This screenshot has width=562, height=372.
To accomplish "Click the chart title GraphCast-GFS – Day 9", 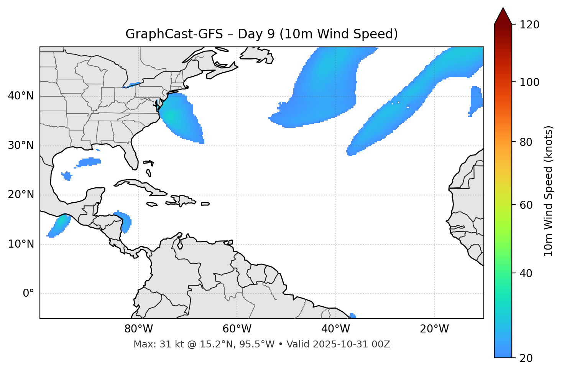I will [x=261, y=34].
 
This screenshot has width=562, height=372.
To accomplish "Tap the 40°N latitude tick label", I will [x=21, y=96].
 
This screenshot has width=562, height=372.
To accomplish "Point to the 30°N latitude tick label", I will [x=21, y=145].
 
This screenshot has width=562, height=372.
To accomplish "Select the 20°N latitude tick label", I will [x=21, y=195].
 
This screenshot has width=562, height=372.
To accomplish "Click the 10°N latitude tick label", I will [x=21, y=244].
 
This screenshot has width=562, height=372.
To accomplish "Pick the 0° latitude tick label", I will [x=28, y=294].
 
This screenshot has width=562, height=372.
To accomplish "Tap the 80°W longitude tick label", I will [x=138, y=329].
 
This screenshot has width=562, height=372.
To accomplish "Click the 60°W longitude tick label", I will [x=237, y=329].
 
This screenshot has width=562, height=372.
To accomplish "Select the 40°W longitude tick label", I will [x=335, y=329].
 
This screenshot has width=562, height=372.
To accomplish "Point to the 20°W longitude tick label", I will [x=434, y=329].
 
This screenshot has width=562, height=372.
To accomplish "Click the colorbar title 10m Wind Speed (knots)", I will [x=549, y=191].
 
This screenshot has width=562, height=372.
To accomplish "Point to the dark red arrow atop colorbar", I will [x=503, y=16].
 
